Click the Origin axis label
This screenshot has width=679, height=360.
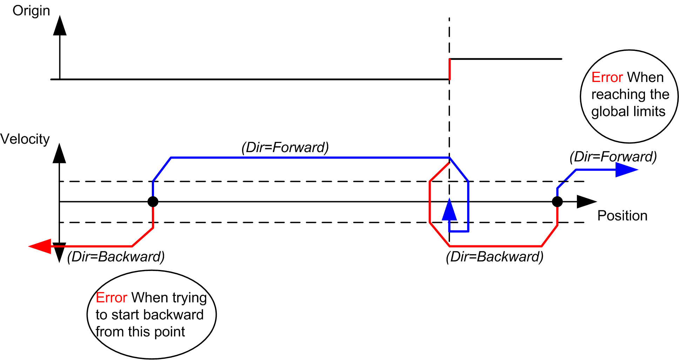click(31, 11)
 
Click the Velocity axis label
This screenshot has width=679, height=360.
click(25, 139)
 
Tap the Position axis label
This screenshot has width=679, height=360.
click(622, 216)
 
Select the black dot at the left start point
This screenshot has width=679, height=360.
click(153, 202)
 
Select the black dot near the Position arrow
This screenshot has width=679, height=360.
click(557, 202)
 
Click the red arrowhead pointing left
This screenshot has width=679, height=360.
click(40, 246)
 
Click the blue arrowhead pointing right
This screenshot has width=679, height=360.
click(626, 170)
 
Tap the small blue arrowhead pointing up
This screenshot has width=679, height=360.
click(449, 210)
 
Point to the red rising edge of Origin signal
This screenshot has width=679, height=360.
click(450, 69)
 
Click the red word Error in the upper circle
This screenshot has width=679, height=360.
click(607, 77)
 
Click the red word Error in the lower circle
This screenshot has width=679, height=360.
click(111, 298)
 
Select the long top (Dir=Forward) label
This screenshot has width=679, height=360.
click(285, 147)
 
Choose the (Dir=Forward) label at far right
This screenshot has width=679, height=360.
click(613, 156)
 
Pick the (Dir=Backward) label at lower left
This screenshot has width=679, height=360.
click(116, 257)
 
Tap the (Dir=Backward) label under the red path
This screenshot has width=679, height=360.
click(495, 257)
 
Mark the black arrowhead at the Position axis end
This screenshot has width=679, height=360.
click(586, 202)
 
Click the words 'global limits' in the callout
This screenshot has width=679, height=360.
click(628, 111)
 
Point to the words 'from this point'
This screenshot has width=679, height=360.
click(140, 332)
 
